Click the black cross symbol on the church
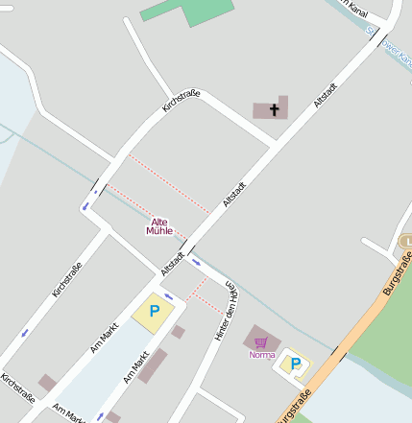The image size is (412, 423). click(x=275, y=109)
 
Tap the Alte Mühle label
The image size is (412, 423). click(x=158, y=226)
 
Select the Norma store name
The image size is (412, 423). click(x=262, y=355)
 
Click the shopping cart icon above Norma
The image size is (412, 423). click(x=261, y=341)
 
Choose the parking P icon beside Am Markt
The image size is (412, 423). click(x=154, y=312)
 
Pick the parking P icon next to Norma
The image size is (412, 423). click(x=295, y=364)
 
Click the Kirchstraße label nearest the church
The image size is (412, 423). click(x=181, y=103)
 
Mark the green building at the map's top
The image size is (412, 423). click(x=187, y=11)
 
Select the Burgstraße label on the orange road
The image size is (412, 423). click(x=395, y=277)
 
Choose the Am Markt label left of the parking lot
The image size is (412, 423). click(x=104, y=338)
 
